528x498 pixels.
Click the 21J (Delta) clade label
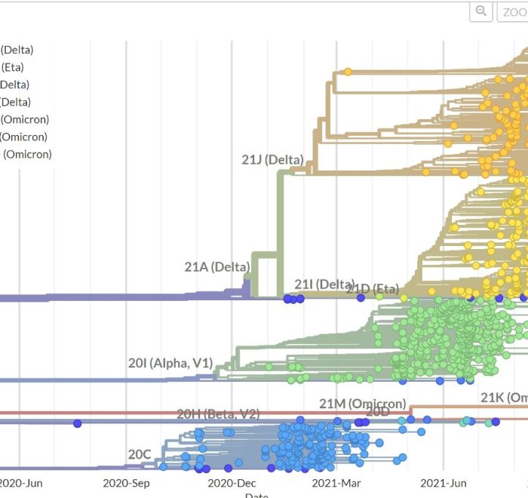click(272, 160)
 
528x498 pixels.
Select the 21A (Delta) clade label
click(216, 267)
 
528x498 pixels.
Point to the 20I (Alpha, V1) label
click(170, 363)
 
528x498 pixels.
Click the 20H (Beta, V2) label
click(218, 413)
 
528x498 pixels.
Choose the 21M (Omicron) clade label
click(362, 404)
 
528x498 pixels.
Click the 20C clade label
click(140, 454)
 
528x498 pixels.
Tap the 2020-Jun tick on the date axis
click(20, 483)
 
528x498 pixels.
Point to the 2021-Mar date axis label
click(337, 483)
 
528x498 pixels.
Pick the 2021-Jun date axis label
click(443, 483)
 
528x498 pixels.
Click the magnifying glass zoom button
click(480, 11)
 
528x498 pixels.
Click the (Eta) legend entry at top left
click(12, 67)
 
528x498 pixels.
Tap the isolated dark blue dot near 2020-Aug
click(77, 423)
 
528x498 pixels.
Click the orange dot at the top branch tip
click(348, 72)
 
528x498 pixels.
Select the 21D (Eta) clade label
click(373, 289)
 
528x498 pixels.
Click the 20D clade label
click(378, 412)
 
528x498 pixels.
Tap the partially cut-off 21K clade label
click(503, 398)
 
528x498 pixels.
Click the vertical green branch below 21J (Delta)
click(281, 226)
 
